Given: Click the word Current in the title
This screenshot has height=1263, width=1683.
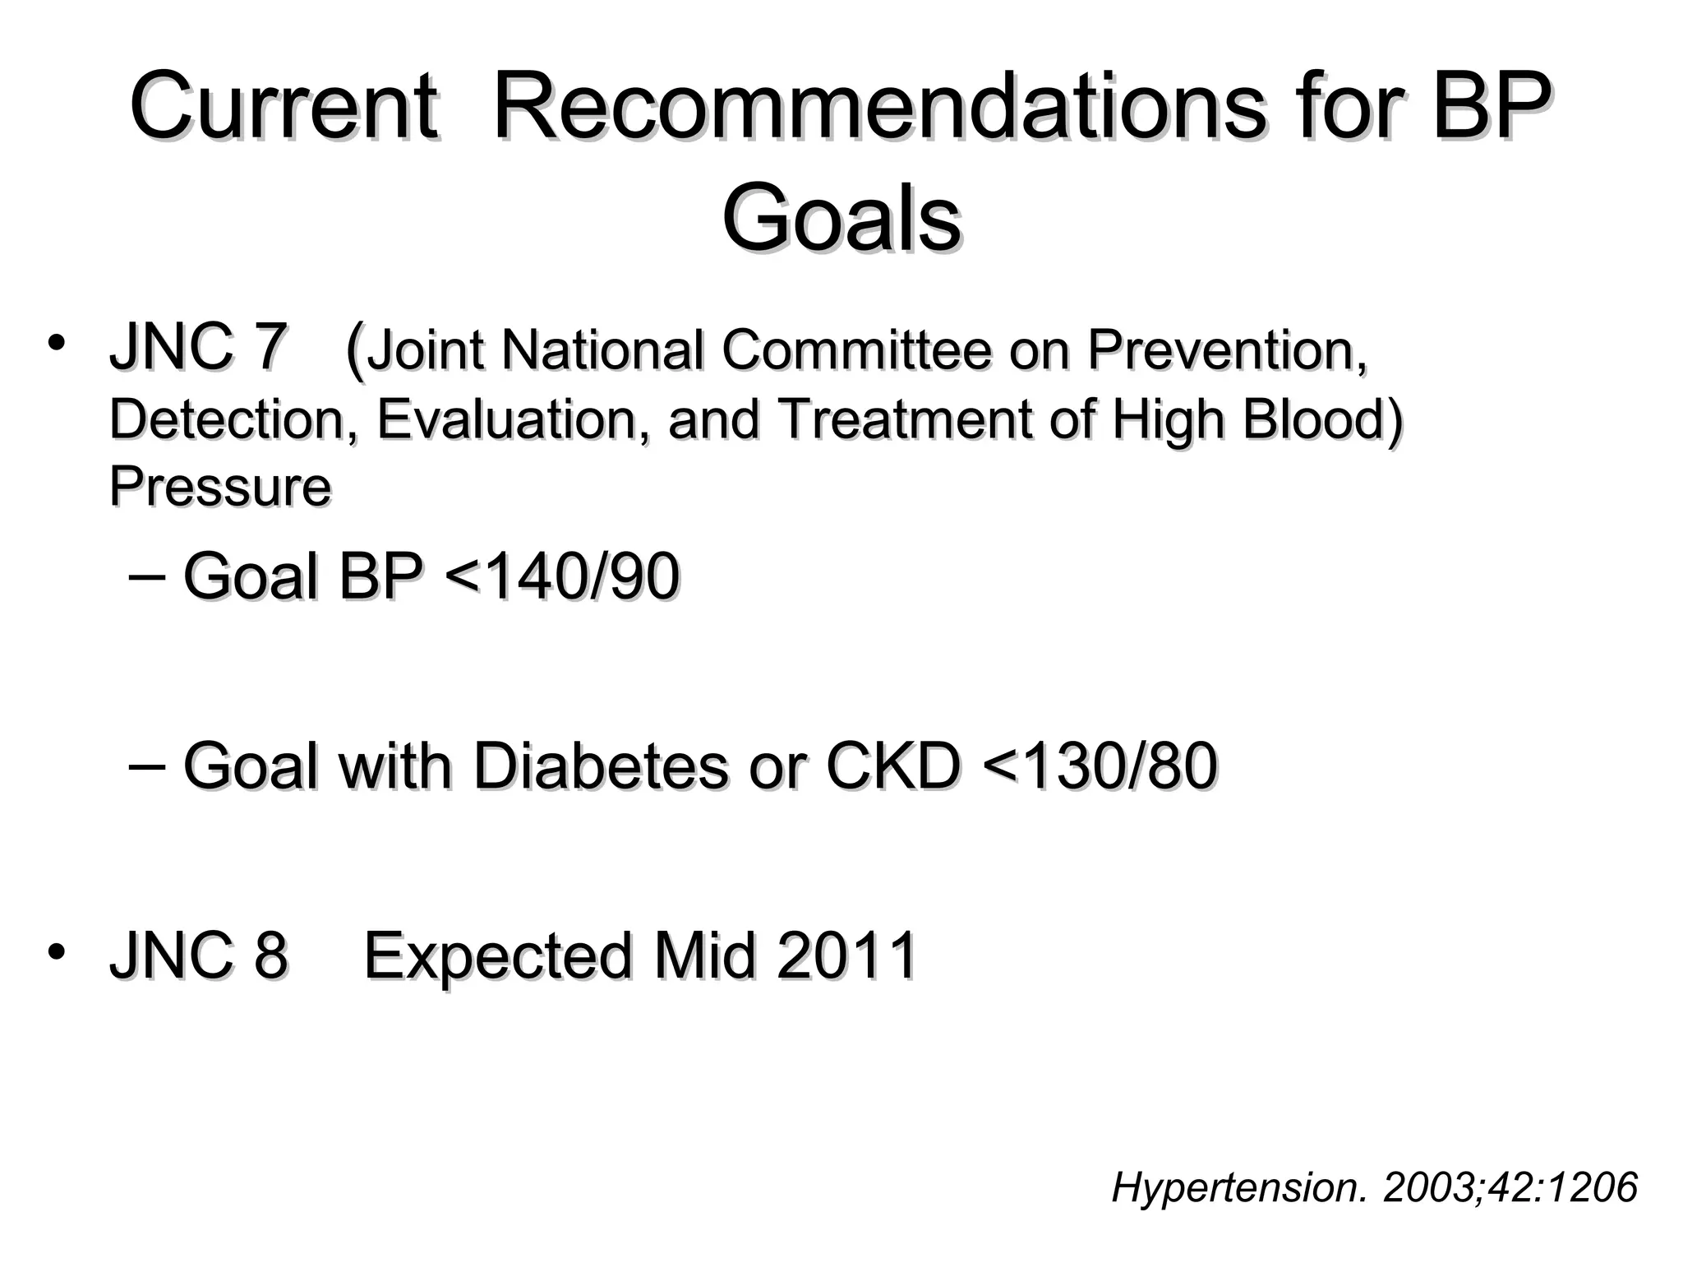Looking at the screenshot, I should pyautogui.click(x=283, y=107).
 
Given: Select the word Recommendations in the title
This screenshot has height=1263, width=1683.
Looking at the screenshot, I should pyautogui.click(x=879, y=107).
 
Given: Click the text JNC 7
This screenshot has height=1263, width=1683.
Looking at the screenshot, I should pyautogui.click(x=198, y=348).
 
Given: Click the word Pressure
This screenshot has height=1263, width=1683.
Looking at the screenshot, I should pyautogui.click(x=219, y=486).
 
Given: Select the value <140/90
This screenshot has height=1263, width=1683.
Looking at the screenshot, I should pyautogui.click(x=561, y=576).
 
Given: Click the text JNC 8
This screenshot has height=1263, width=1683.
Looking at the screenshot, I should pyautogui.click(x=198, y=955).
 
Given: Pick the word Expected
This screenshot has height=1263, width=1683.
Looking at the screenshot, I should pyautogui.click(x=498, y=957).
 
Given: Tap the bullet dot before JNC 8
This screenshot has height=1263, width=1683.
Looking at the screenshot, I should pyautogui.click(x=56, y=952).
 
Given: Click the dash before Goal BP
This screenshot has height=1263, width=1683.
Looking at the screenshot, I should pyautogui.click(x=147, y=576).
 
